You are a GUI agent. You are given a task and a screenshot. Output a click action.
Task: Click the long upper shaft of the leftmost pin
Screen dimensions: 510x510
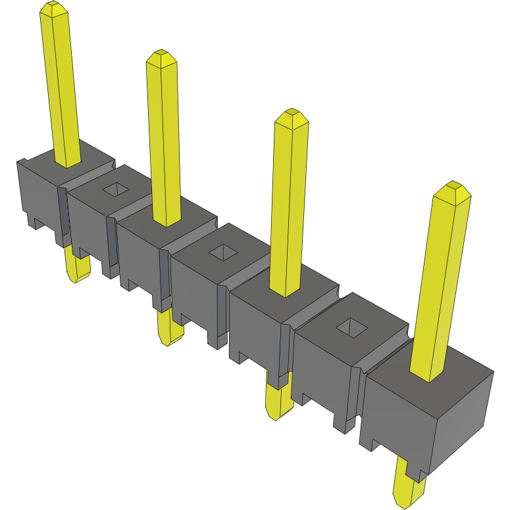pos(63,86)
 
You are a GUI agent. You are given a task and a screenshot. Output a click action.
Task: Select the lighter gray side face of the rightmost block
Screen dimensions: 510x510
pos(461,421)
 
